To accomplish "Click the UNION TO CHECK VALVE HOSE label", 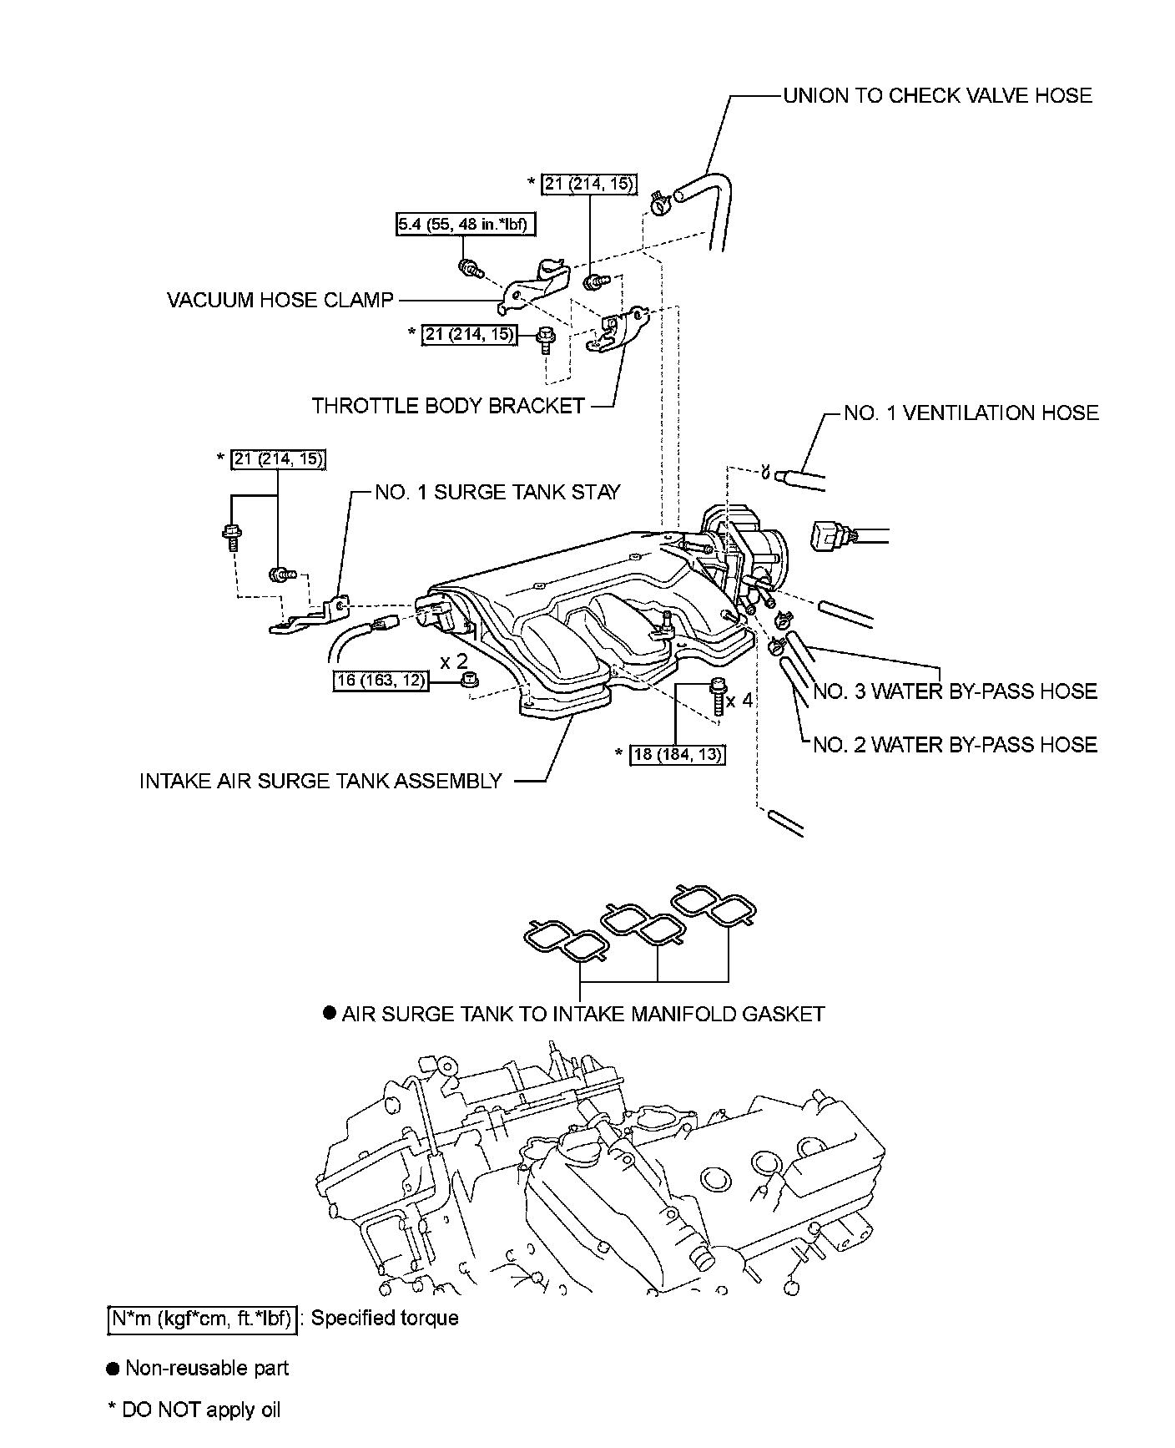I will (x=937, y=95).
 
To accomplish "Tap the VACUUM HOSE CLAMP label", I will (x=280, y=300).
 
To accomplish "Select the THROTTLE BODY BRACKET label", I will (x=448, y=406).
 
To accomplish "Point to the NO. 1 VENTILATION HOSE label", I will (x=971, y=413).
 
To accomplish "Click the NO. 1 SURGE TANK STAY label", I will (x=497, y=492).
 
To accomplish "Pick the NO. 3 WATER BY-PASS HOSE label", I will (x=955, y=691).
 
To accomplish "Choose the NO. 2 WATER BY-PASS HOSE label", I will (x=955, y=744).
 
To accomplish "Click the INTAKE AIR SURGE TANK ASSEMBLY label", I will (x=320, y=781).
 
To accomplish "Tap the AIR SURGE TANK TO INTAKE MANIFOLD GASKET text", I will (x=583, y=1014).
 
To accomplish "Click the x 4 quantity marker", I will (x=739, y=700).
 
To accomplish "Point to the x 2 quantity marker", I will (x=455, y=661).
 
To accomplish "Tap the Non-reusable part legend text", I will (x=206, y=1368).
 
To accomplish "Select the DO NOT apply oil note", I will (x=200, y=1410).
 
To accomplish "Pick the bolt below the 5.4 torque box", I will (x=472, y=269).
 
